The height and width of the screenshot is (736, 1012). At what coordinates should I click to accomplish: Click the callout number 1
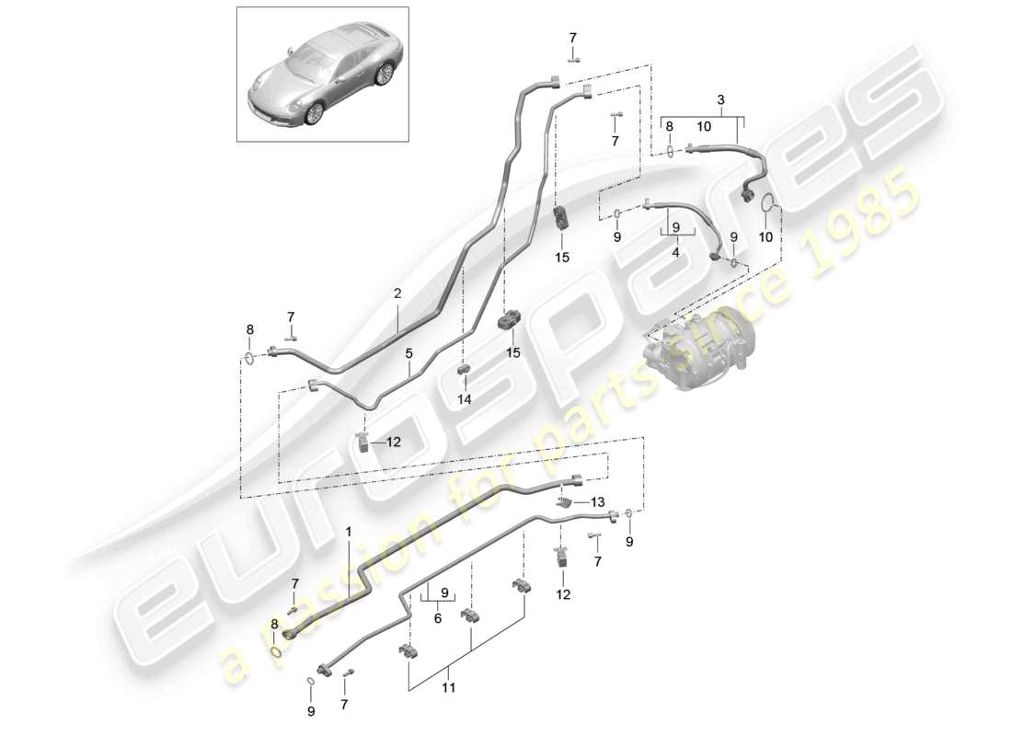tap(349, 533)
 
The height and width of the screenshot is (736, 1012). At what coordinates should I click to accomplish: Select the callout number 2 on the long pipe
tap(397, 293)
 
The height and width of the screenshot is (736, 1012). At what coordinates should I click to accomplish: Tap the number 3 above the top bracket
tap(721, 100)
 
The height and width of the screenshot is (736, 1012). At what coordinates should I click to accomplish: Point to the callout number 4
tap(676, 252)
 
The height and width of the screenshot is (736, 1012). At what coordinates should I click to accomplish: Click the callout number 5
tap(409, 353)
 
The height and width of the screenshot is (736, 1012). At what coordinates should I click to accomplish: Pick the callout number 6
tap(438, 618)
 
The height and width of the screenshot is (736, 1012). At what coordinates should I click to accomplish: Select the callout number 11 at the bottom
tap(449, 687)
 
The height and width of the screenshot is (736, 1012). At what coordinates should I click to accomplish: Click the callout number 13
tap(598, 502)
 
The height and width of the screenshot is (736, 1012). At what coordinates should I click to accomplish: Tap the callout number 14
tap(464, 399)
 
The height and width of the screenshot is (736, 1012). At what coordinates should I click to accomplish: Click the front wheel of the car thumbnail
tap(315, 112)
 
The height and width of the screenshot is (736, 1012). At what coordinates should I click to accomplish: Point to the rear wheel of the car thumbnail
tap(385, 73)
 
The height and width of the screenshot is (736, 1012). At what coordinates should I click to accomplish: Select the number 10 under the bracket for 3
tap(704, 127)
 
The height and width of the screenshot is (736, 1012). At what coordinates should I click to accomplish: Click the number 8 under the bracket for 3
tap(669, 127)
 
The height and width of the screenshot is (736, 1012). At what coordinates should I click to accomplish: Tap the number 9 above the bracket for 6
tap(444, 592)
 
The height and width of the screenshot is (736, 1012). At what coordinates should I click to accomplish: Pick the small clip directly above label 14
tap(464, 369)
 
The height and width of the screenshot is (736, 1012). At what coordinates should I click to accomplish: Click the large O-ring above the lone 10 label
tap(766, 202)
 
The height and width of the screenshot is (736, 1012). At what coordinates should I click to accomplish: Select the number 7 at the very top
tap(572, 38)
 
